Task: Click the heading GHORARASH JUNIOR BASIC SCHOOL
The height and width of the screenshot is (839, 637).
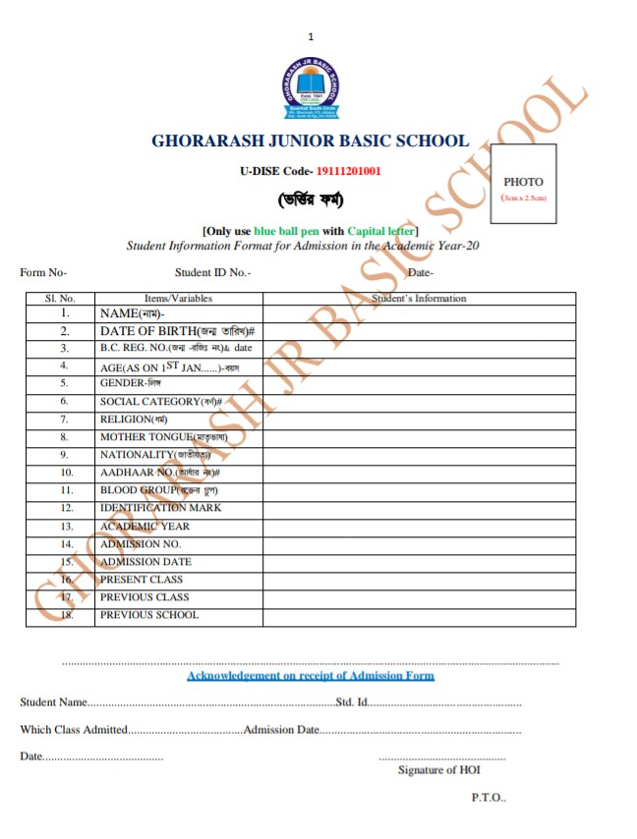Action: click(310, 140)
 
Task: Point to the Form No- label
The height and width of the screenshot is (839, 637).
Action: click(43, 273)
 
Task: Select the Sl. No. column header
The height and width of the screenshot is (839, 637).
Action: click(61, 298)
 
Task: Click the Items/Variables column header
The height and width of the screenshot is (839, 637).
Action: click(178, 298)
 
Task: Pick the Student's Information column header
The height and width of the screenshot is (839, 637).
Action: click(419, 298)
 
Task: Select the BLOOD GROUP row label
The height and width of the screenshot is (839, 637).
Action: click(152, 489)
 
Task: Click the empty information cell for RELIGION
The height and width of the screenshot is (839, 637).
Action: click(419, 419)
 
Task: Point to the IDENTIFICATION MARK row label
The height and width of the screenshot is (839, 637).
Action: click(160, 508)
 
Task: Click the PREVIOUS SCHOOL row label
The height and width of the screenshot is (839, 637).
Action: click(148, 615)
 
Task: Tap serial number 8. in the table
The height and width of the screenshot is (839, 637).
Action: click(64, 436)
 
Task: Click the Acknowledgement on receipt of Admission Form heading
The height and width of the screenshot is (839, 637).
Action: click(310, 676)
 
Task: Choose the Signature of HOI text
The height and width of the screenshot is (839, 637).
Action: click(438, 770)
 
